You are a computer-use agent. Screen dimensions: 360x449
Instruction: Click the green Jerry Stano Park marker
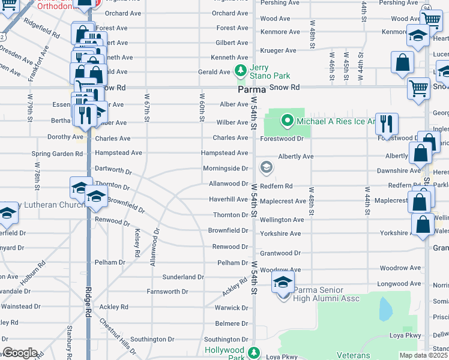(241, 70)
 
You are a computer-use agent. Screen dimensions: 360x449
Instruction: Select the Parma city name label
(252, 88)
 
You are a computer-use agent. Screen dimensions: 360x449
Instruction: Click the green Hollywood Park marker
(254, 352)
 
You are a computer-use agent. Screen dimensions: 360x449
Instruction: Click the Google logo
(20, 353)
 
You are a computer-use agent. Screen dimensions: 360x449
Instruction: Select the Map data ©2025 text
(424, 355)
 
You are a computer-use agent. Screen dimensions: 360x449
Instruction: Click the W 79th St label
(31, 107)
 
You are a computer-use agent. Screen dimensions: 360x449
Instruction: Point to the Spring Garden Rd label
(57, 154)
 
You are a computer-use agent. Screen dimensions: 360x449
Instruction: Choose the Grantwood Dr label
(280, 253)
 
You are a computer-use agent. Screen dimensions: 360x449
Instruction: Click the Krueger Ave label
(278, 50)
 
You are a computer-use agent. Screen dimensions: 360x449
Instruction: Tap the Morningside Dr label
(225, 168)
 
